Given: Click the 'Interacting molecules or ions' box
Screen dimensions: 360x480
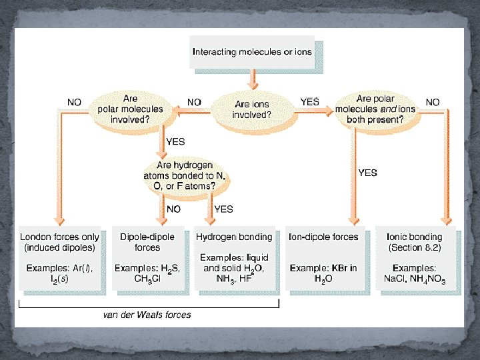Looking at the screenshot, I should pyautogui.click(x=252, y=52).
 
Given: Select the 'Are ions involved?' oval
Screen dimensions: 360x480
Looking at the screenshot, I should pyautogui.click(x=252, y=109).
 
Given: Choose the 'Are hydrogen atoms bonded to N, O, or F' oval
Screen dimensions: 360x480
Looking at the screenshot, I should pyautogui.click(x=185, y=176).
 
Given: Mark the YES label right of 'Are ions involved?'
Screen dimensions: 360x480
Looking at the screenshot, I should pyautogui.click(x=310, y=102).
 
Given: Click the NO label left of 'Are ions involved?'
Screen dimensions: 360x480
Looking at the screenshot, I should pyautogui.click(x=194, y=102).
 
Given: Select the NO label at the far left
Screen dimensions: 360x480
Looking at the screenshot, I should pyautogui.click(x=75, y=102).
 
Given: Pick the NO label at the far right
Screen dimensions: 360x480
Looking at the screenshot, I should pyautogui.click(x=433, y=102).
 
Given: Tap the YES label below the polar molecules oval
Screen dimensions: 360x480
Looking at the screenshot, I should pyautogui.click(x=175, y=141).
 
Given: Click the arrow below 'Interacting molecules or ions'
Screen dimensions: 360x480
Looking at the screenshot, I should pyautogui.click(x=252, y=80).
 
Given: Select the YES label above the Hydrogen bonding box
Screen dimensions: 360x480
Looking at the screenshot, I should pyautogui.click(x=223, y=209).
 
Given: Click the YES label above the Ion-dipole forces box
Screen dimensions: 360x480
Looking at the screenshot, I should pyautogui.click(x=367, y=173).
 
